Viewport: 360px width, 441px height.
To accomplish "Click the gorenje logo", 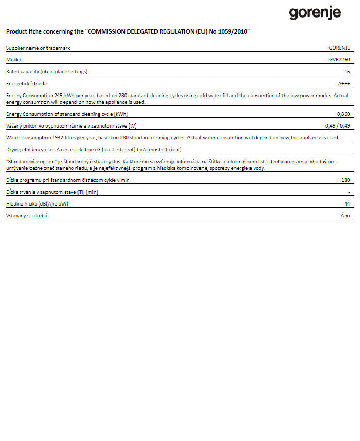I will pos(315,12).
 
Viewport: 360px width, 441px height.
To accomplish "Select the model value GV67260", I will pos(340,60).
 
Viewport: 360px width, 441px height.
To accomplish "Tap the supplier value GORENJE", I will pos(339,48).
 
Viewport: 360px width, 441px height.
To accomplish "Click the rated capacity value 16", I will pos(347,72).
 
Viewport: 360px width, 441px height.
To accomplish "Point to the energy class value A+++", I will pos(344,84).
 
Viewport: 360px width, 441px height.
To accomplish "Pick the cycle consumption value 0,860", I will pos(343,114).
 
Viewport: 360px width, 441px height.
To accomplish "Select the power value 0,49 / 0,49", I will pos(338,126).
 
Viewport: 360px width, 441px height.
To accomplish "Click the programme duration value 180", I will pos(346,180).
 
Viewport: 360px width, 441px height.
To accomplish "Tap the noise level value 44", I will pos(347,204).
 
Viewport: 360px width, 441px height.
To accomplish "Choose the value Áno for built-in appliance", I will pos(346,216).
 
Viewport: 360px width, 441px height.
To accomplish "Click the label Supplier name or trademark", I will pos(38,48).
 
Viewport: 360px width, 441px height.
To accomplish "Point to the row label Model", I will pos(13,60).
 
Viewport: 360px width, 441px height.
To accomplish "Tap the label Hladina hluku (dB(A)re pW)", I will pos(37,204).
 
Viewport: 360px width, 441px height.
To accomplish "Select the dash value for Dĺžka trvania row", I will pos(349,192).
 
